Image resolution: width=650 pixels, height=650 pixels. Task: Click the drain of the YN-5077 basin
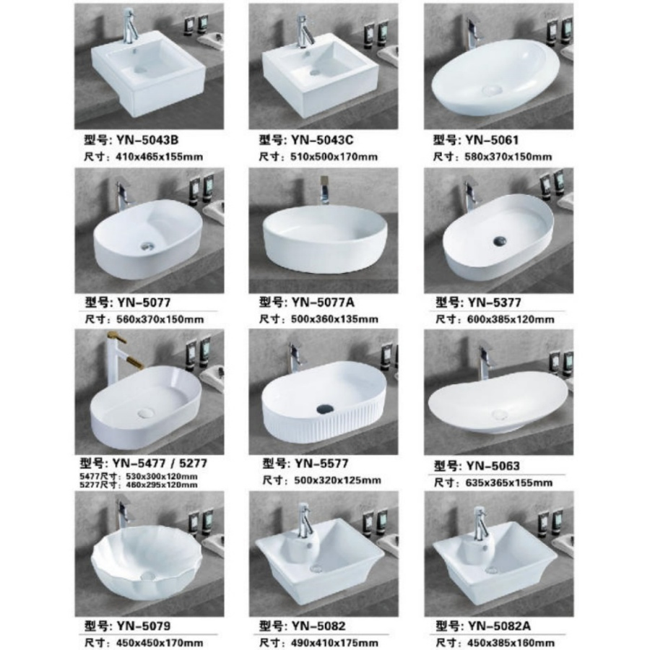148,246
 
